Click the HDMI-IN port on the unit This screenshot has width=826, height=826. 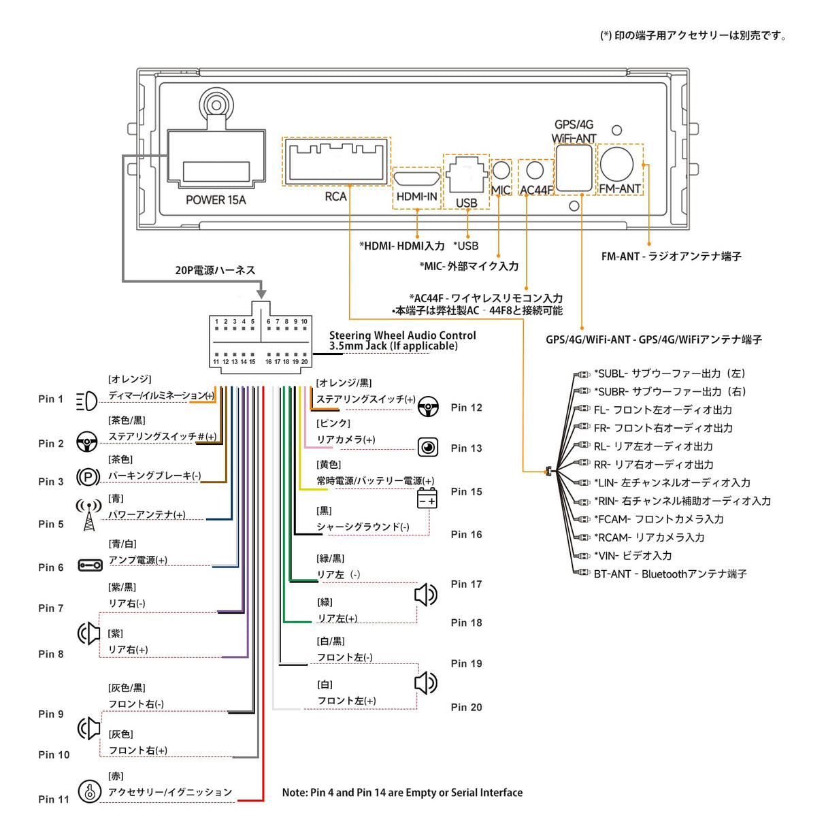pyautogui.click(x=416, y=179)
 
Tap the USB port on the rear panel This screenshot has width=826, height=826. pyautogui.click(x=466, y=179)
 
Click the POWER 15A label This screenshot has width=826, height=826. pyautogui.click(x=216, y=200)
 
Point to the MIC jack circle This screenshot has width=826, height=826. pyautogui.click(x=501, y=169)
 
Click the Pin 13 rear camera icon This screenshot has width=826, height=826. pyautogui.click(x=428, y=447)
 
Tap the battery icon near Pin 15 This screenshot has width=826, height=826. pyautogui.click(x=427, y=499)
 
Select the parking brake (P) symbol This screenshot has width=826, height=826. pyautogui.click(x=88, y=478)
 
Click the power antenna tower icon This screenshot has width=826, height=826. pyautogui.click(x=88, y=516)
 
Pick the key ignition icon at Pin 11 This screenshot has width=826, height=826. pyautogui.click(x=89, y=791)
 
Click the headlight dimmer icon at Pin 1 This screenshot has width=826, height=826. pyautogui.click(x=86, y=401)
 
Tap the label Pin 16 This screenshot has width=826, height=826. pyautogui.click(x=466, y=535)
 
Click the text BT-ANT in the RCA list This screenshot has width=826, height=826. pyautogui.click(x=612, y=574)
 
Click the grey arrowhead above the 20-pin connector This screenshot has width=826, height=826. pyautogui.click(x=261, y=294)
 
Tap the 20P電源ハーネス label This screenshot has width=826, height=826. pyautogui.click(x=215, y=271)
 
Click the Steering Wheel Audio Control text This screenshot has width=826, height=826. pyautogui.click(x=402, y=335)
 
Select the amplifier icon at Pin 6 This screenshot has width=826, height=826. pyautogui.click(x=90, y=565)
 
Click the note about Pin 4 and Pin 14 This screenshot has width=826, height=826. pyautogui.click(x=402, y=793)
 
